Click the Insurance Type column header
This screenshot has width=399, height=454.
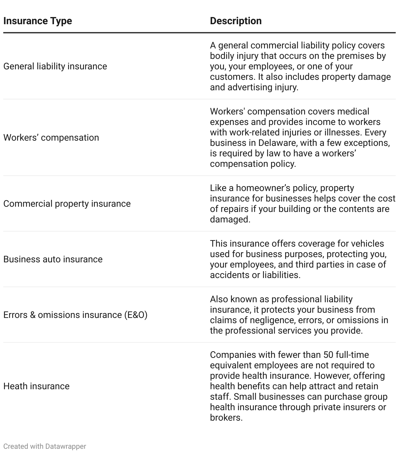click(38, 21)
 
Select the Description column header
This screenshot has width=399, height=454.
click(235, 21)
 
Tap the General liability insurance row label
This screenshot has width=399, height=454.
click(55, 66)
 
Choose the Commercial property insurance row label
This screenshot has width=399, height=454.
click(67, 204)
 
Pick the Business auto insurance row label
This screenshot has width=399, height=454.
click(53, 259)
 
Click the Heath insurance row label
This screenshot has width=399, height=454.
click(36, 386)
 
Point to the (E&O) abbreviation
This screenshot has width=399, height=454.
click(135, 315)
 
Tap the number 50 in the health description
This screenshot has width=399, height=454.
click(328, 355)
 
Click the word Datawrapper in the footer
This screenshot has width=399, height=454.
click(65, 446)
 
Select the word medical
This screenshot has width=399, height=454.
click(353, 112)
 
